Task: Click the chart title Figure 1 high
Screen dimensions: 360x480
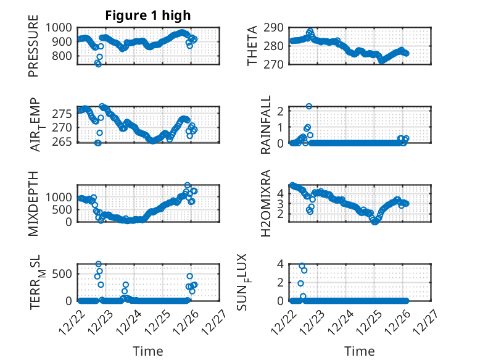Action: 148,15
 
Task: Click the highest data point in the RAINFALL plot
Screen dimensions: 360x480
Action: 309,106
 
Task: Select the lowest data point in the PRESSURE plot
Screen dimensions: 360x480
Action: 98,64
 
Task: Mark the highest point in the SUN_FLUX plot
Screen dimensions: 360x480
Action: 302,266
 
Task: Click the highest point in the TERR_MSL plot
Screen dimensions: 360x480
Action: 99,264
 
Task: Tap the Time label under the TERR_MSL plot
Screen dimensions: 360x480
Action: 148,351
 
